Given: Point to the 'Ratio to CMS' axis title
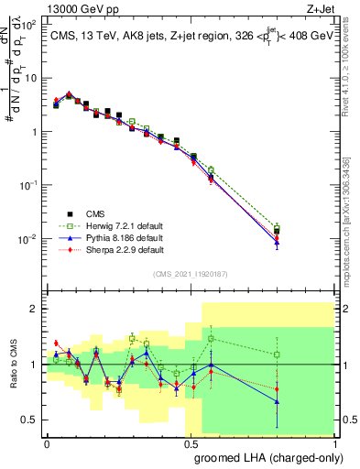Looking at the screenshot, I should click(13, 376).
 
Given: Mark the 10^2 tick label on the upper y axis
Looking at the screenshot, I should click(30, 25).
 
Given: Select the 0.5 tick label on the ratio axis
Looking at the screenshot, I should click(30, 420).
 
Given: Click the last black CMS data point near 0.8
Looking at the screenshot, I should click(277, 232).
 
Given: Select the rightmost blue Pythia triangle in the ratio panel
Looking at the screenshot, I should click(277, 401).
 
